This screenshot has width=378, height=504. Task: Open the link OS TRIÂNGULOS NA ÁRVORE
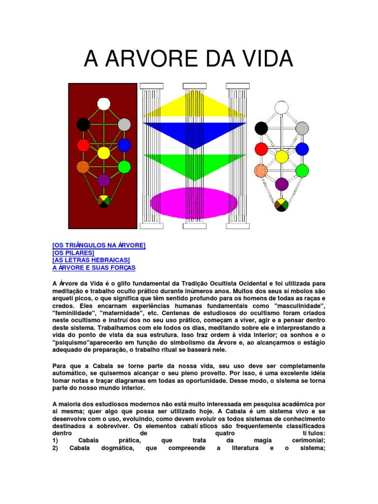click(x=99, y=245)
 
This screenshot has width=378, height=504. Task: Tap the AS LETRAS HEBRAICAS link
click(x=91, y=260)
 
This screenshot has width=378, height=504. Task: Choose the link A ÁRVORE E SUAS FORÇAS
click(x=94, y=267)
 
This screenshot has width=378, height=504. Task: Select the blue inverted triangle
click(x=194, y=131)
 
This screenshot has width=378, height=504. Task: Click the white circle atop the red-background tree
click(x=104, y=103)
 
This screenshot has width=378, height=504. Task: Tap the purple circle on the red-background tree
click(x=104, y=180)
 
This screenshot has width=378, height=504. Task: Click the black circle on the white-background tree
click(x=261, y=128)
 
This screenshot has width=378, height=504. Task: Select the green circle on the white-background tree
click(x=302, y=170)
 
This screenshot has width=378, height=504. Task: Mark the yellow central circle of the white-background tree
click(x=282, y=157)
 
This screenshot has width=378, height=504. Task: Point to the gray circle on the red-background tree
click(x=124, y=125)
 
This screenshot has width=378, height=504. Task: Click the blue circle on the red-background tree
click(x=124, y=145)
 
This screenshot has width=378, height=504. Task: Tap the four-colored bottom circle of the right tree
click(x=282, y=205)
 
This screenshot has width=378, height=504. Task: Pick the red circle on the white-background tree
click(x=261, y=149)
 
